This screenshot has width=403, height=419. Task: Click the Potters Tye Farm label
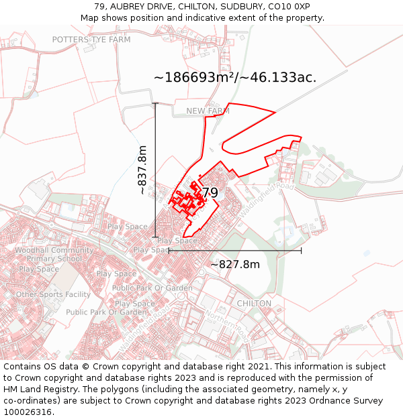pos(91,40)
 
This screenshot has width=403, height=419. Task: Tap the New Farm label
pos(208,111)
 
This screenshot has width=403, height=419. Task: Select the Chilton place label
pos(254,304)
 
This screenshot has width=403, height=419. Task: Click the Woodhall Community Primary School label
pos(54,255)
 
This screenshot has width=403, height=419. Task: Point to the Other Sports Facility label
pos(53,294)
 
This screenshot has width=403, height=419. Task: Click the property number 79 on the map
pos(210,193)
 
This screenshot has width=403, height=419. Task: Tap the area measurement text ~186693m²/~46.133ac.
pos(235,78)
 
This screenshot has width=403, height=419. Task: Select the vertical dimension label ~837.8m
pos(142,170)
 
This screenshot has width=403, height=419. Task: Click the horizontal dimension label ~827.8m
pos(235,264)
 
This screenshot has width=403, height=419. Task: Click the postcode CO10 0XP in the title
pos(289,7)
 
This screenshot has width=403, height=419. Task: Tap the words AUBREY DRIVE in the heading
pos(144,7)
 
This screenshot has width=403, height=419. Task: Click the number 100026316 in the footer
pos(26,412)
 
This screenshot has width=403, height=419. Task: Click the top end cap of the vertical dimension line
pos(155,103)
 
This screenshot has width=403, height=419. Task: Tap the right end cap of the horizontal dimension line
pos(301,250)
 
